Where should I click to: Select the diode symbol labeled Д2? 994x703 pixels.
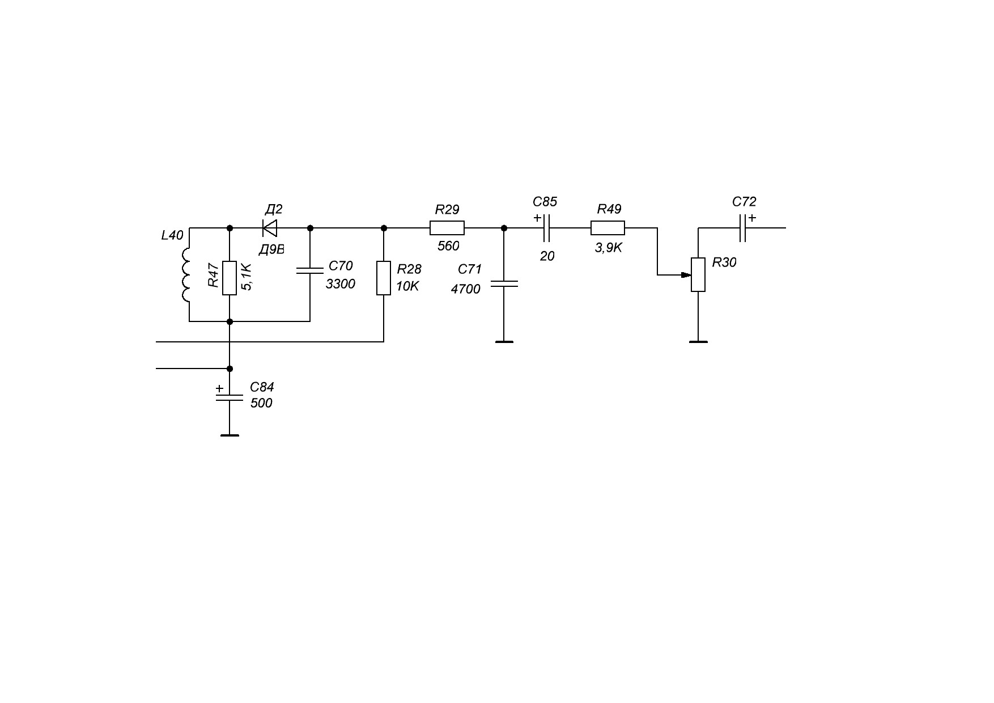point(270,228)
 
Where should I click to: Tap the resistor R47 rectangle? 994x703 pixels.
point(229,278)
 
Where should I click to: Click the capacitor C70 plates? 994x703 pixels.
point(310,271)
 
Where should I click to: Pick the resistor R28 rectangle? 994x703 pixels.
point(384,278)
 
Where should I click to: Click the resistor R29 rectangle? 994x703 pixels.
point(447,228)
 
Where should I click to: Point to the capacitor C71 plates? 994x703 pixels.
point(504,283)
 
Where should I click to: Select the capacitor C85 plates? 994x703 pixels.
point(547,228)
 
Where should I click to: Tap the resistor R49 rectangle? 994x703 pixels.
point(608,228)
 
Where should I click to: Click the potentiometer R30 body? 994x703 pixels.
point(698,274)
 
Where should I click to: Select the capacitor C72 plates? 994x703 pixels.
point(742,228)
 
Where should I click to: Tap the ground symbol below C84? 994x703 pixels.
point(230,435)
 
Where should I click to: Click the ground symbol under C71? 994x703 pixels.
point(504,342)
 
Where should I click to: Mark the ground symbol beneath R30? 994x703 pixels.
point(698,342)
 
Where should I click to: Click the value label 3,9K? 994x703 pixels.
point(608,248)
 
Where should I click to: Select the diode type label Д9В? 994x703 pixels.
point(271,249)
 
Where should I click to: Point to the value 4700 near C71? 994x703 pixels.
point(465,289)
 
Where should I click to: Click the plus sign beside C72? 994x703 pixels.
point(752,218)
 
